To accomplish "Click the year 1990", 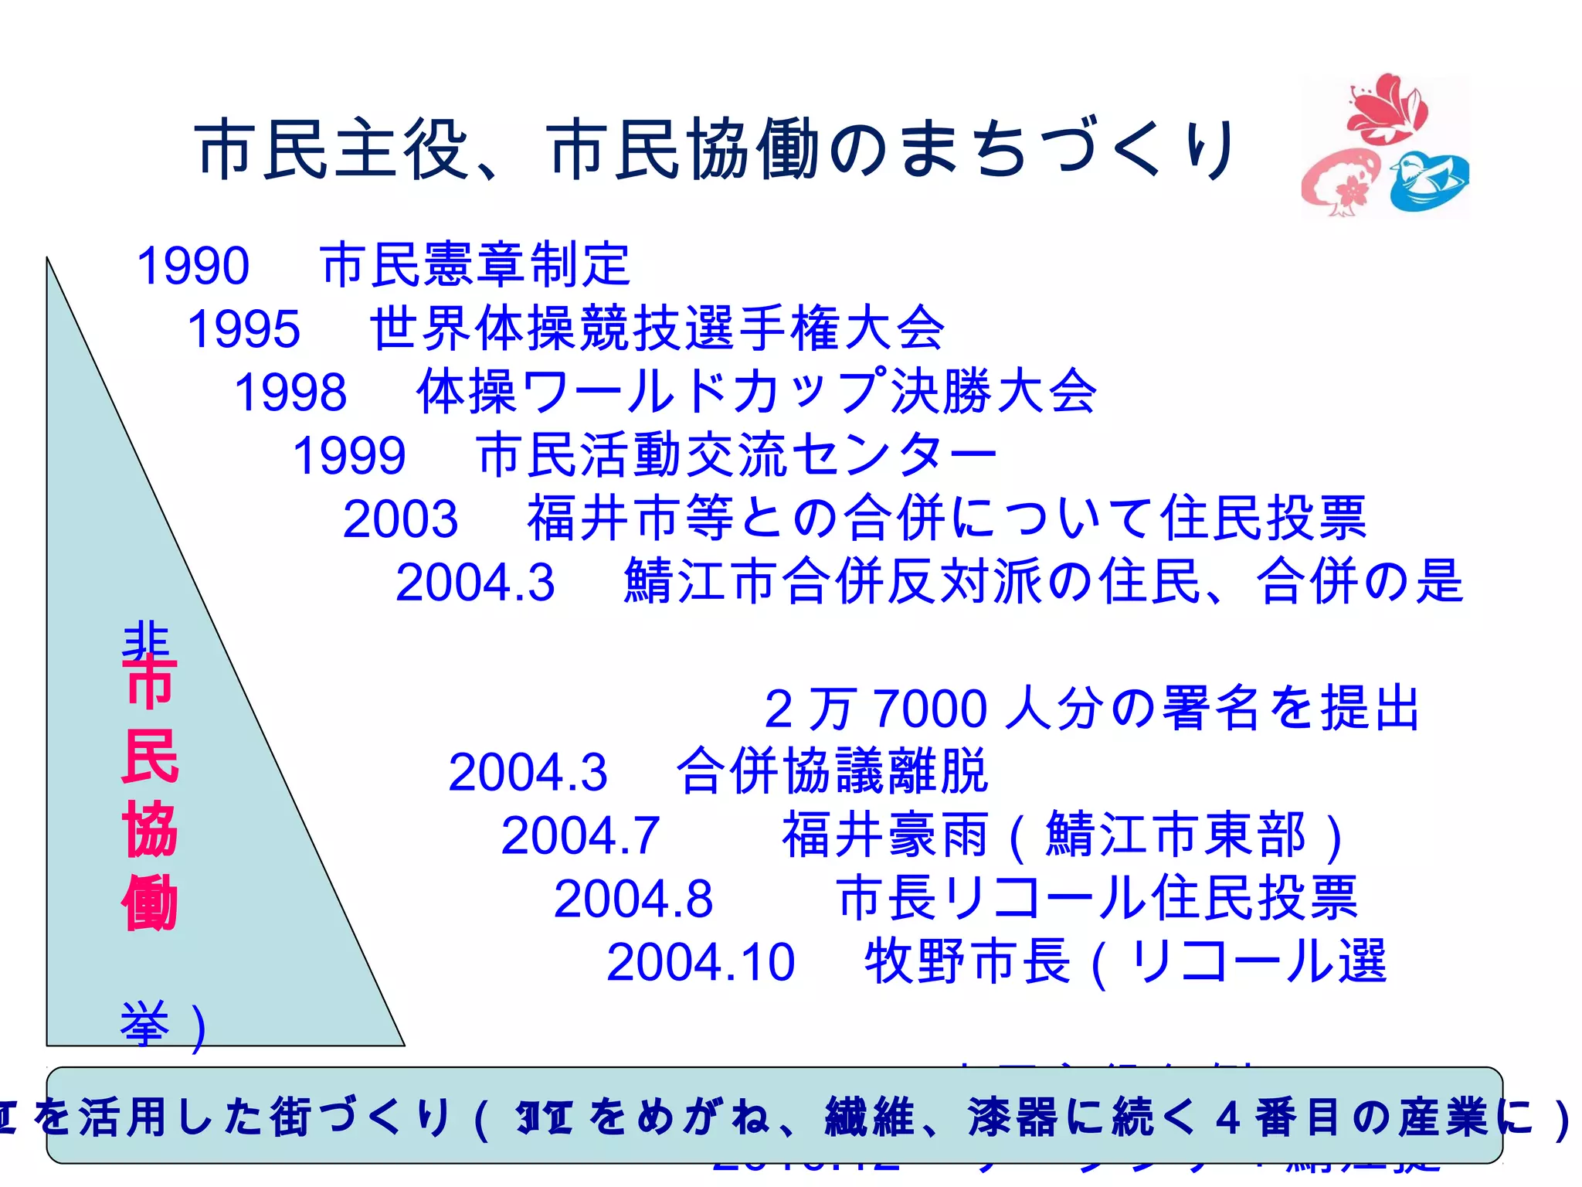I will (193, 265).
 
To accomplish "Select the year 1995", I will (243, 328).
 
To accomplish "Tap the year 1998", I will (290, 392).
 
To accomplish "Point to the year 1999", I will (349, 455).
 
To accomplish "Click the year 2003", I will (400, 519).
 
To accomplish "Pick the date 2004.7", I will (580, 835).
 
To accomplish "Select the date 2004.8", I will (633, 899).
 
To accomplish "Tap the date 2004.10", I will (701, 962).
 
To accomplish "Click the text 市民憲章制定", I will (475, 264).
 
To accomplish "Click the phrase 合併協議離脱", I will (832, 771).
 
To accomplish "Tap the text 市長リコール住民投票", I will (1097, 898).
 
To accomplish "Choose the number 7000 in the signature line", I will (931, 708).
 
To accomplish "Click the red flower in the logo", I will (1387, 108).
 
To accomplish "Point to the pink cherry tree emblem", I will (1340, 182).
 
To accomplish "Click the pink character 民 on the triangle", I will (150, 756).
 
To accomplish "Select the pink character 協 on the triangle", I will (150, 829).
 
